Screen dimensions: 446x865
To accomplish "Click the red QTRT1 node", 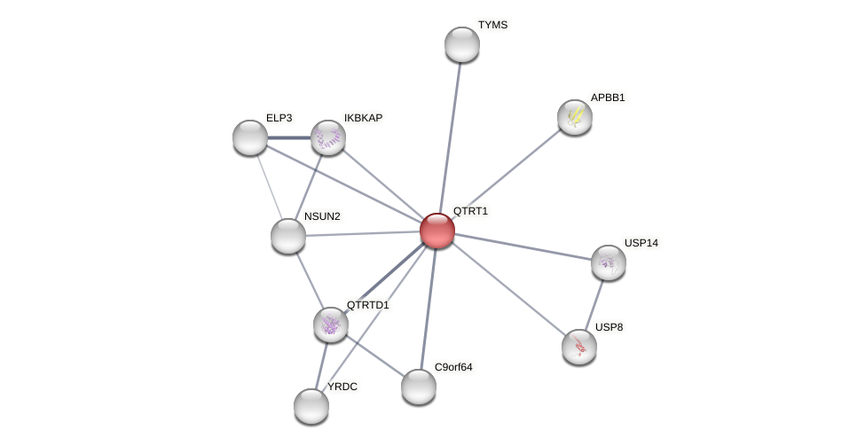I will [437, 231].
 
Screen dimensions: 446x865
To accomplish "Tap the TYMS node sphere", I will [461, 44].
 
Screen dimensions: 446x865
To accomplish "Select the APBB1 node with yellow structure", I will [575, 117].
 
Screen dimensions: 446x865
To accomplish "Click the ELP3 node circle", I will [250, 137].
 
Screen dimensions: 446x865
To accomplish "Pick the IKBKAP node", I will [328, 137].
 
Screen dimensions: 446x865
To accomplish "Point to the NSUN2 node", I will [288, 236].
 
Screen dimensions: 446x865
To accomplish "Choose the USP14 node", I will [609, 262].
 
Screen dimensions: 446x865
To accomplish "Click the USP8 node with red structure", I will [579, 347].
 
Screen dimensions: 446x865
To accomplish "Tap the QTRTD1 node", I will [331, 325].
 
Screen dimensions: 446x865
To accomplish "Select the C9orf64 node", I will [419, 387].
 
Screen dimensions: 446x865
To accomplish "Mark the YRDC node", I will [311, 406].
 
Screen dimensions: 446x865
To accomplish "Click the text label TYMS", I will [492, 25].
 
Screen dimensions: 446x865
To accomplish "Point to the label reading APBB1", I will [608, 98].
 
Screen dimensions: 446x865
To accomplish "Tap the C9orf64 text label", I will [453, 366].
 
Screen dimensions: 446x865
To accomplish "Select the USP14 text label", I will [641, 243].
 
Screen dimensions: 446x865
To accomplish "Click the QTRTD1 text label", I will [367, 305].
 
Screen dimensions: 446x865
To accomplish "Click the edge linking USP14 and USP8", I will [594, 304].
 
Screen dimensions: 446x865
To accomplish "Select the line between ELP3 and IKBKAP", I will [289, 137].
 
